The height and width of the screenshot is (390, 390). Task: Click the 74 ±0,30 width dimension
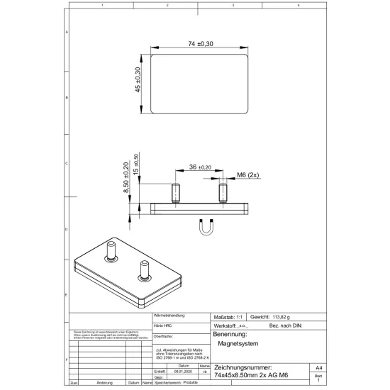click(x=201, y=44)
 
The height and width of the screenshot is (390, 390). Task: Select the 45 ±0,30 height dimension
click(x=138, y=82)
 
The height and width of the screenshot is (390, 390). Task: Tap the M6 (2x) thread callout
click(x=249, y=174)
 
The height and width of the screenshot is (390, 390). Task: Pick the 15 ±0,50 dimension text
click(x=135, y=165)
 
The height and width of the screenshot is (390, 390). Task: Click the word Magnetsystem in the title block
click(x=238, y=343)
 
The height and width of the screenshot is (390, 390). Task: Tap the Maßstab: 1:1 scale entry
click(x=228, y=316)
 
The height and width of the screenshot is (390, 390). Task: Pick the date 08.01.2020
click(x=184, y=371)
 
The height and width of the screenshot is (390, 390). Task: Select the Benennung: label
click(x=230, y=333)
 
